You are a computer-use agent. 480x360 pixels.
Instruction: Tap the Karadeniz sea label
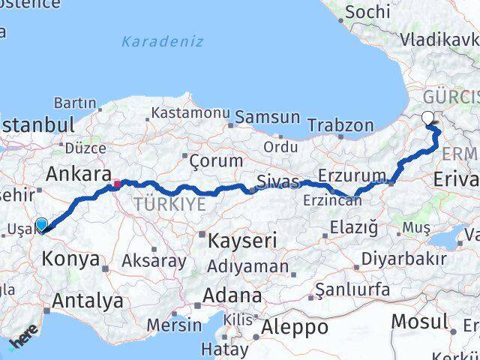tap(162, 41)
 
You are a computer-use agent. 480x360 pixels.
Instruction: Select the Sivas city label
tap(277, 181)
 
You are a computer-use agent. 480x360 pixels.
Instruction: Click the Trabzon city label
tap(340, 125)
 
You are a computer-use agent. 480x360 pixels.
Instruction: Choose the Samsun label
tap(268, 118)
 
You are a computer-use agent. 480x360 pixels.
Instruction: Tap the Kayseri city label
tap(241, 241)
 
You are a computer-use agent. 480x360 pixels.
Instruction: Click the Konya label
tap(72, 259)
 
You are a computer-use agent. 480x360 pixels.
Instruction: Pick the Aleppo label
tap(295, 328)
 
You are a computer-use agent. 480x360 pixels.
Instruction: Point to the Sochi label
tap(368, 12)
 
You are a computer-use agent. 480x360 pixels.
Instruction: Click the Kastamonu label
tap(190, 112)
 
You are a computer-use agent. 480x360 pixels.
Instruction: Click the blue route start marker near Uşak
tap(41, 224)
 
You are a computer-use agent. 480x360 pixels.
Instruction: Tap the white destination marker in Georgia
tap(428, 117)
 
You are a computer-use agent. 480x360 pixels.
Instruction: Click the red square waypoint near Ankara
tap(117, 182)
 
